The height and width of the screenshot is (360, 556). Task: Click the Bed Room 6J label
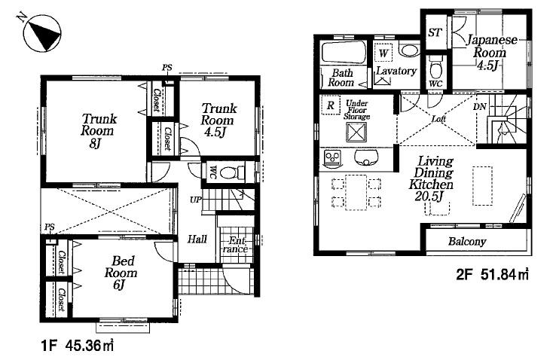[120, 273]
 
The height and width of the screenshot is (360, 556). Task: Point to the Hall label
[197, 239]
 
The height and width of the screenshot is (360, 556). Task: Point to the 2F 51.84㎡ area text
[492, 276]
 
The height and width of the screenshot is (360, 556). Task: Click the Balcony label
[467, 242]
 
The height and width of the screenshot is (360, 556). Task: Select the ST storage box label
[434, 32]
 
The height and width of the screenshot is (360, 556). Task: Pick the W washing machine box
[383, 53]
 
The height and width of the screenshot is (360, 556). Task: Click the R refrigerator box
[330, 105]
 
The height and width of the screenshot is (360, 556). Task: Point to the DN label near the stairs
[479, 107]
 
